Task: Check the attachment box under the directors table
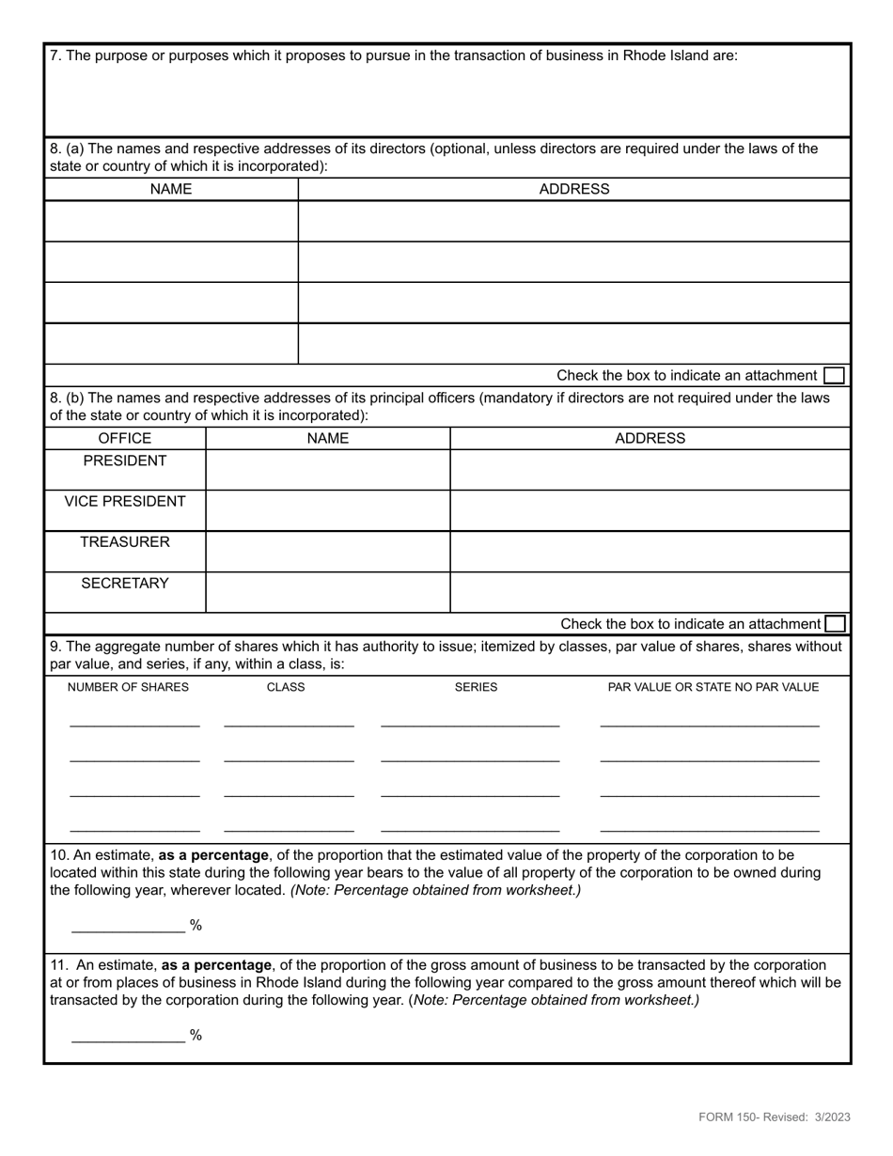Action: pyautogui.click(x=833, y=376)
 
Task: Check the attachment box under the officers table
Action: pyautogui.click(x=834, y=624)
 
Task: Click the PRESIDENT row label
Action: pyautogui.click(x=125, y=461)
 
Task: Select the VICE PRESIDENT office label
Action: pyautogui.click(x=125, y=502)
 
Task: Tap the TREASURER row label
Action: pyautogui.click(x=125, y=542)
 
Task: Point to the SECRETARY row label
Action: pyautogui.click(x=125, y=584)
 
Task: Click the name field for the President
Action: pyautogui.click(x=327, y=470)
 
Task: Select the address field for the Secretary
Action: pyautogui.click(x=650, y=592)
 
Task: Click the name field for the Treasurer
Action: pyautogui.click(x=327, y=552)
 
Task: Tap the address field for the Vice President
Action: pyautogui.click(x=650, y=510)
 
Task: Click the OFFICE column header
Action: pyautogui.click(x=125, y=439)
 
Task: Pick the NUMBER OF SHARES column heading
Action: pyautogui.click(x=128, y=687)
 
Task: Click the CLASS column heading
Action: pyautogui.click(x=286, y=687)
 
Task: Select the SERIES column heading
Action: pyautogui.click(x=476, y=687)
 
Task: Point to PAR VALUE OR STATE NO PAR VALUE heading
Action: pyautogui.click(x=713, y=687)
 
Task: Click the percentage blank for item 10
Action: pyautogui.click(x=129, y=925)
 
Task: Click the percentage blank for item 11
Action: pyautogui.click(x=129, y=1035)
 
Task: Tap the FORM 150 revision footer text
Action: pyautogui.click(x=774, y=1117)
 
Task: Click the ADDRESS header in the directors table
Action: pyautogui.click(x=573, y=190)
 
